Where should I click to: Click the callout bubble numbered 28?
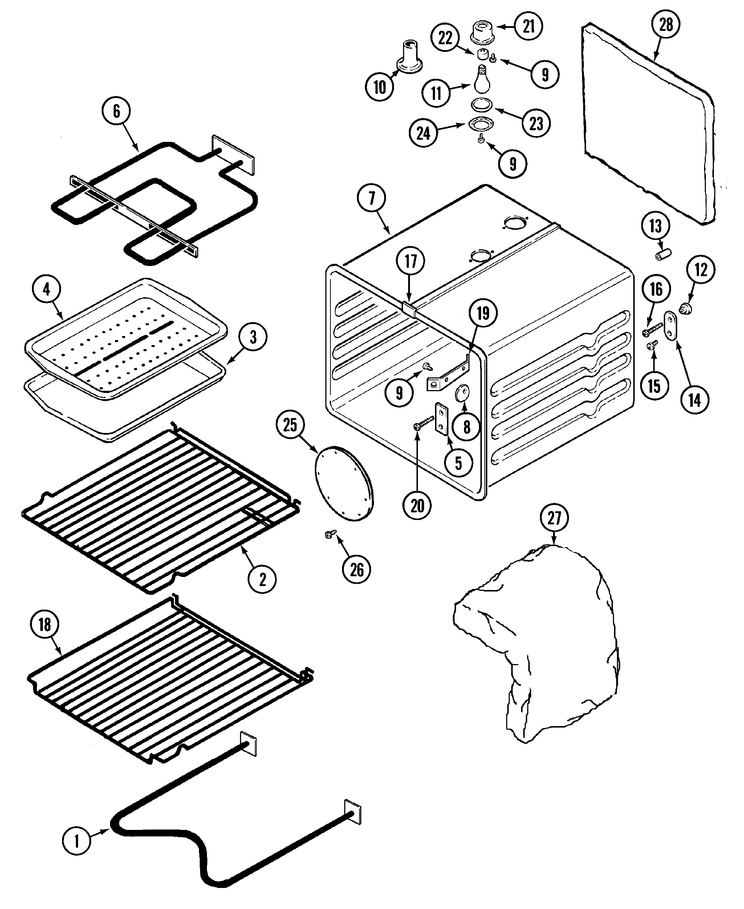[x=666, y=24]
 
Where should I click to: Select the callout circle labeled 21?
[x=528, y=26]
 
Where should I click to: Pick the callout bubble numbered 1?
[x=77, y=841]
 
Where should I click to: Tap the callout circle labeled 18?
[x=45, y=636]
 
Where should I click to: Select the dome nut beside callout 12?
[x=685, y=308]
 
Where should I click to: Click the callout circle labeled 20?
[x=417, y=506]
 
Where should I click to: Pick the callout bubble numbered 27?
[x=554, y=517]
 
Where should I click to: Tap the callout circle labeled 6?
[x=117, y=111]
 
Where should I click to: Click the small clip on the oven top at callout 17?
[x=409, y=308]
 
